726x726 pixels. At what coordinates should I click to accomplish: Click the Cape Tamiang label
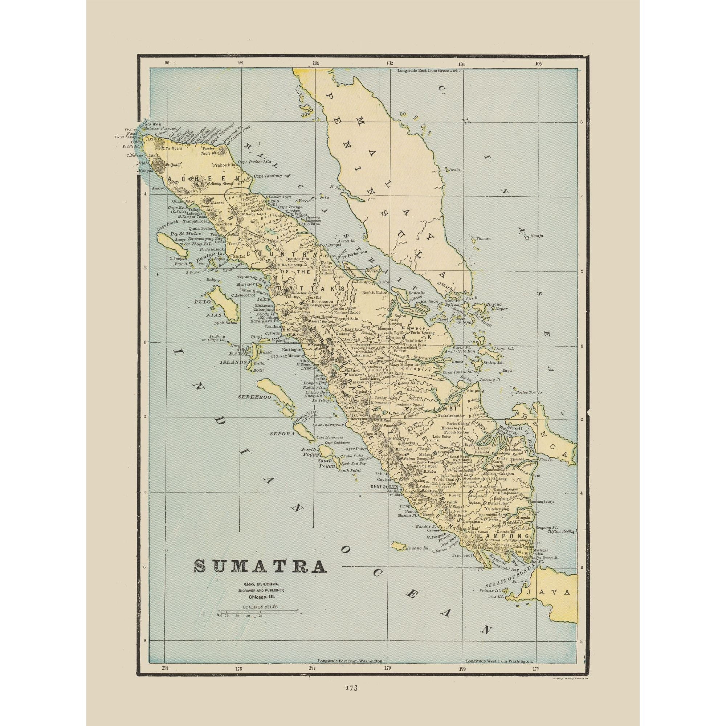(268, 176)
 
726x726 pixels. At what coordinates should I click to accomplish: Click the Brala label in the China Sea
(454, 170)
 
